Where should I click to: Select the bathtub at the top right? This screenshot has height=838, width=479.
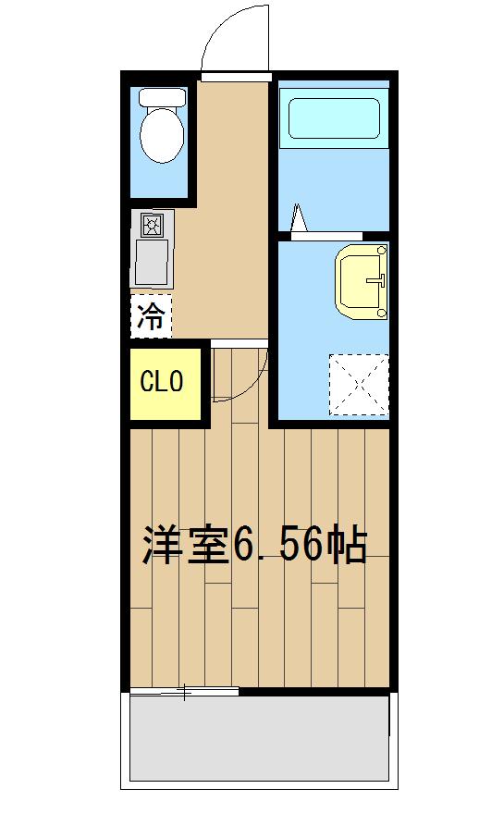[x=334, y=119]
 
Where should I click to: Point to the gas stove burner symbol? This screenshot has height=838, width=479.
[x=152, y=225]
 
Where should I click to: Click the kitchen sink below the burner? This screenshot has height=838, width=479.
[x=152, y=262]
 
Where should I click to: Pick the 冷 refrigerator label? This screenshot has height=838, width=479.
[x=151, y=317]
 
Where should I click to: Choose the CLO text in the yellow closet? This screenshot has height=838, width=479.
[x=163, y=381]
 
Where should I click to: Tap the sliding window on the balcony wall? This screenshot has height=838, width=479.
[x=185, y=691]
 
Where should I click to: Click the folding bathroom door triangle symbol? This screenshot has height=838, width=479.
[x=299, y=218]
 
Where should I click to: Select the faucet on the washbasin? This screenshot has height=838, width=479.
[x=376, y=277]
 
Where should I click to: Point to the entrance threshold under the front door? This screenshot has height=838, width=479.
[x=235, y=76]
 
